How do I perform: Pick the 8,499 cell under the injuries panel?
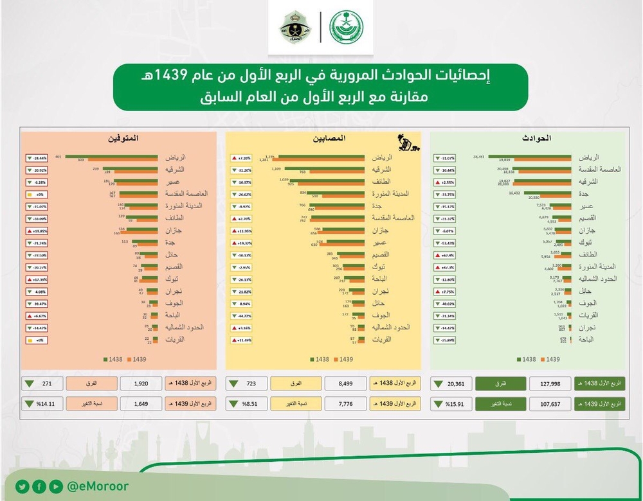pyautogui.click(x=345, y=384)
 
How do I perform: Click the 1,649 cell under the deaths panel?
pyautogui.click(x=141, y=404)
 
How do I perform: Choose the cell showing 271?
pyautogui.click(x=46, y=384)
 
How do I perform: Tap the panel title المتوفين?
pyautogui.click(x=124, y=138)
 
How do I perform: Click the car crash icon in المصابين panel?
pyautogui.click(x=406, y=143)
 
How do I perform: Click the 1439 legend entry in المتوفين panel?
pyautogui.click(x=139, y=360)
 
